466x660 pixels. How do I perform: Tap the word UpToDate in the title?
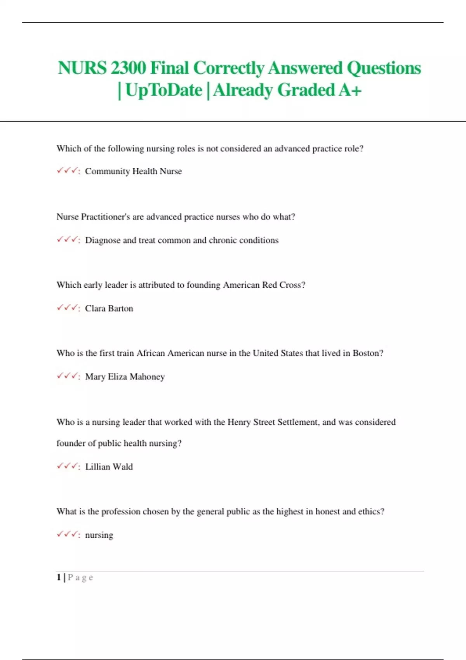[164, 90]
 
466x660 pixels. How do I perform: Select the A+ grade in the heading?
[350, 90]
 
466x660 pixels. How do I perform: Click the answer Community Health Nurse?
[133, 171]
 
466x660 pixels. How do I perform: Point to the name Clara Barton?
[109, 308]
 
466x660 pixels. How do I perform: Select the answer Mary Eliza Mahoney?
[125, 377]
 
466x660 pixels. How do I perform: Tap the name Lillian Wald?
[109, 467]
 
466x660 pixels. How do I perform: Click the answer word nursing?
[99, 535]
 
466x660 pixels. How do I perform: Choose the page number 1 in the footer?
[59, 577]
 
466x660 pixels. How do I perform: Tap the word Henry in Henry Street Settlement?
[239, 422]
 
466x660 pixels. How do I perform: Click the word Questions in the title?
[384, 68]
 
